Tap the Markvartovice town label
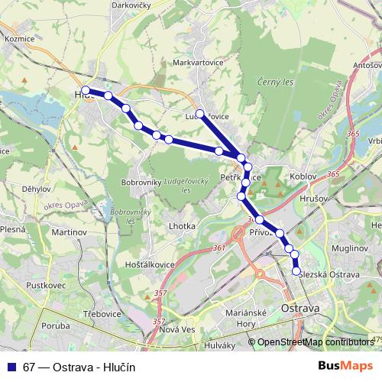pyautogui.click(x=197, y=63)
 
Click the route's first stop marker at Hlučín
pyautogui.click(x=86, y=91)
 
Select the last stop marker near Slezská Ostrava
pyautogui.click(x=297, y=270)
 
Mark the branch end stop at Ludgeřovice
pyautogui.click(x=200, y=114)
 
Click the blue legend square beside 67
pyautogui.click(x=11, y=367)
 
